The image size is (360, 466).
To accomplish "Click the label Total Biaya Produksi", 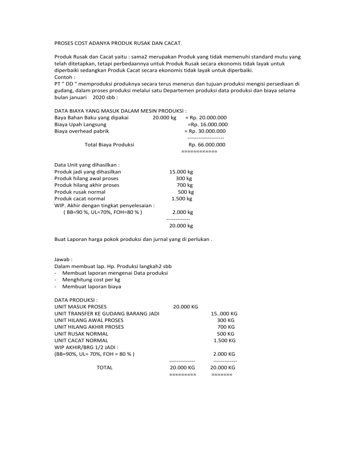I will click(109, 144).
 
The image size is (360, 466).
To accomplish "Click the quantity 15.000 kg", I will click(181, 172).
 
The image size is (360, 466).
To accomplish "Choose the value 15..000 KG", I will click(224, 313).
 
